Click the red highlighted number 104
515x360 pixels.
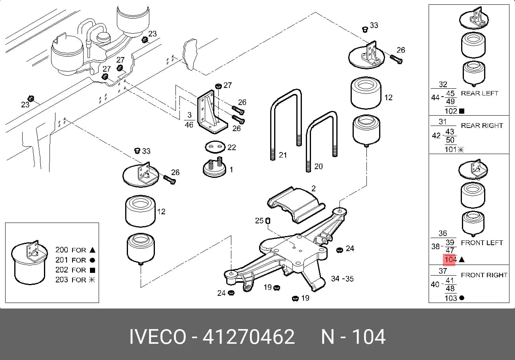[450, 260]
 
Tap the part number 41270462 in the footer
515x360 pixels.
[248, 337]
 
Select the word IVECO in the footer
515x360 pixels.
[158, 337]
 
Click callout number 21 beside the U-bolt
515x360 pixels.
[283, 155]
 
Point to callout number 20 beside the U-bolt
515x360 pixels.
[319, 166]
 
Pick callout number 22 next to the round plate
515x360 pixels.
[231, 147]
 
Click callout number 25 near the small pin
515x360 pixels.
[259, 221]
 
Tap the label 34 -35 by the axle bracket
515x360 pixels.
[342, 279]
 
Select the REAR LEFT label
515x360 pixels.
[480, 93]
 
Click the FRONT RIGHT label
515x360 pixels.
[484, 275]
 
